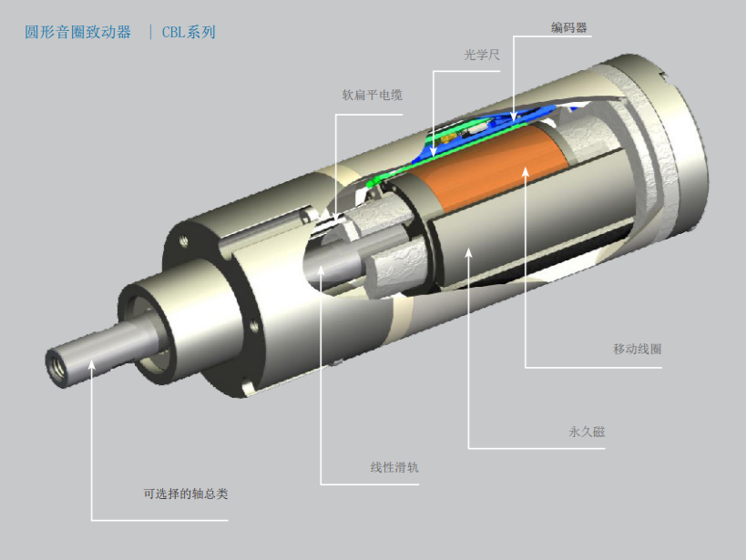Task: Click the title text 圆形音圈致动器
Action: [78, 33]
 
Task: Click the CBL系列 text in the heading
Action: [189, 33]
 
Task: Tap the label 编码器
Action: [569, 27]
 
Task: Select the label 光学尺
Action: [482, 55]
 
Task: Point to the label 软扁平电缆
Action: [372, 96]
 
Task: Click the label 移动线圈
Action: [638, 349]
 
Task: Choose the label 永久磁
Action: [588, 432]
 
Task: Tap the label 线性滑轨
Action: [394, 467]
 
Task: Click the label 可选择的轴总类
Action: [186, 494]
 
